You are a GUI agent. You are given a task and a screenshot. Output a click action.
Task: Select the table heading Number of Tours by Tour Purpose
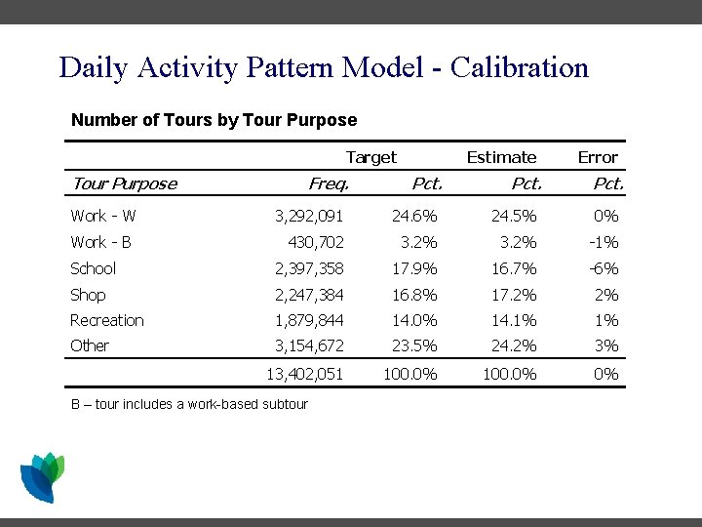214,121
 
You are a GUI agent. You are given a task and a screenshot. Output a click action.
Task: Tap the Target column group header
371,157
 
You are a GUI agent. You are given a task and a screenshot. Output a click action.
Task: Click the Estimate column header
501,157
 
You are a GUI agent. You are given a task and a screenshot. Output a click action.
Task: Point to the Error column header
598,157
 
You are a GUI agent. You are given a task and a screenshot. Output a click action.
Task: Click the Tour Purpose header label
124,183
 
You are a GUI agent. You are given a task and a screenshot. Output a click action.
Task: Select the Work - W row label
103,216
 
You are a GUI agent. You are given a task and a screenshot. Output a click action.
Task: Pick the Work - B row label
101,242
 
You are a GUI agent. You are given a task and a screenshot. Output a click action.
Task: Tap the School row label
93,268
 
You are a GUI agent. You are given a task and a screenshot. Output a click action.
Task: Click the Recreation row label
107,320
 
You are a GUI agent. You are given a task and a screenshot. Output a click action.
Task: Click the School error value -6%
606,268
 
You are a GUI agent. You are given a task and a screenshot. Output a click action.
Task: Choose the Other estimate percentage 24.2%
516,346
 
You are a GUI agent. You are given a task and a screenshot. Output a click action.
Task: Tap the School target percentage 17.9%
417,268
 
